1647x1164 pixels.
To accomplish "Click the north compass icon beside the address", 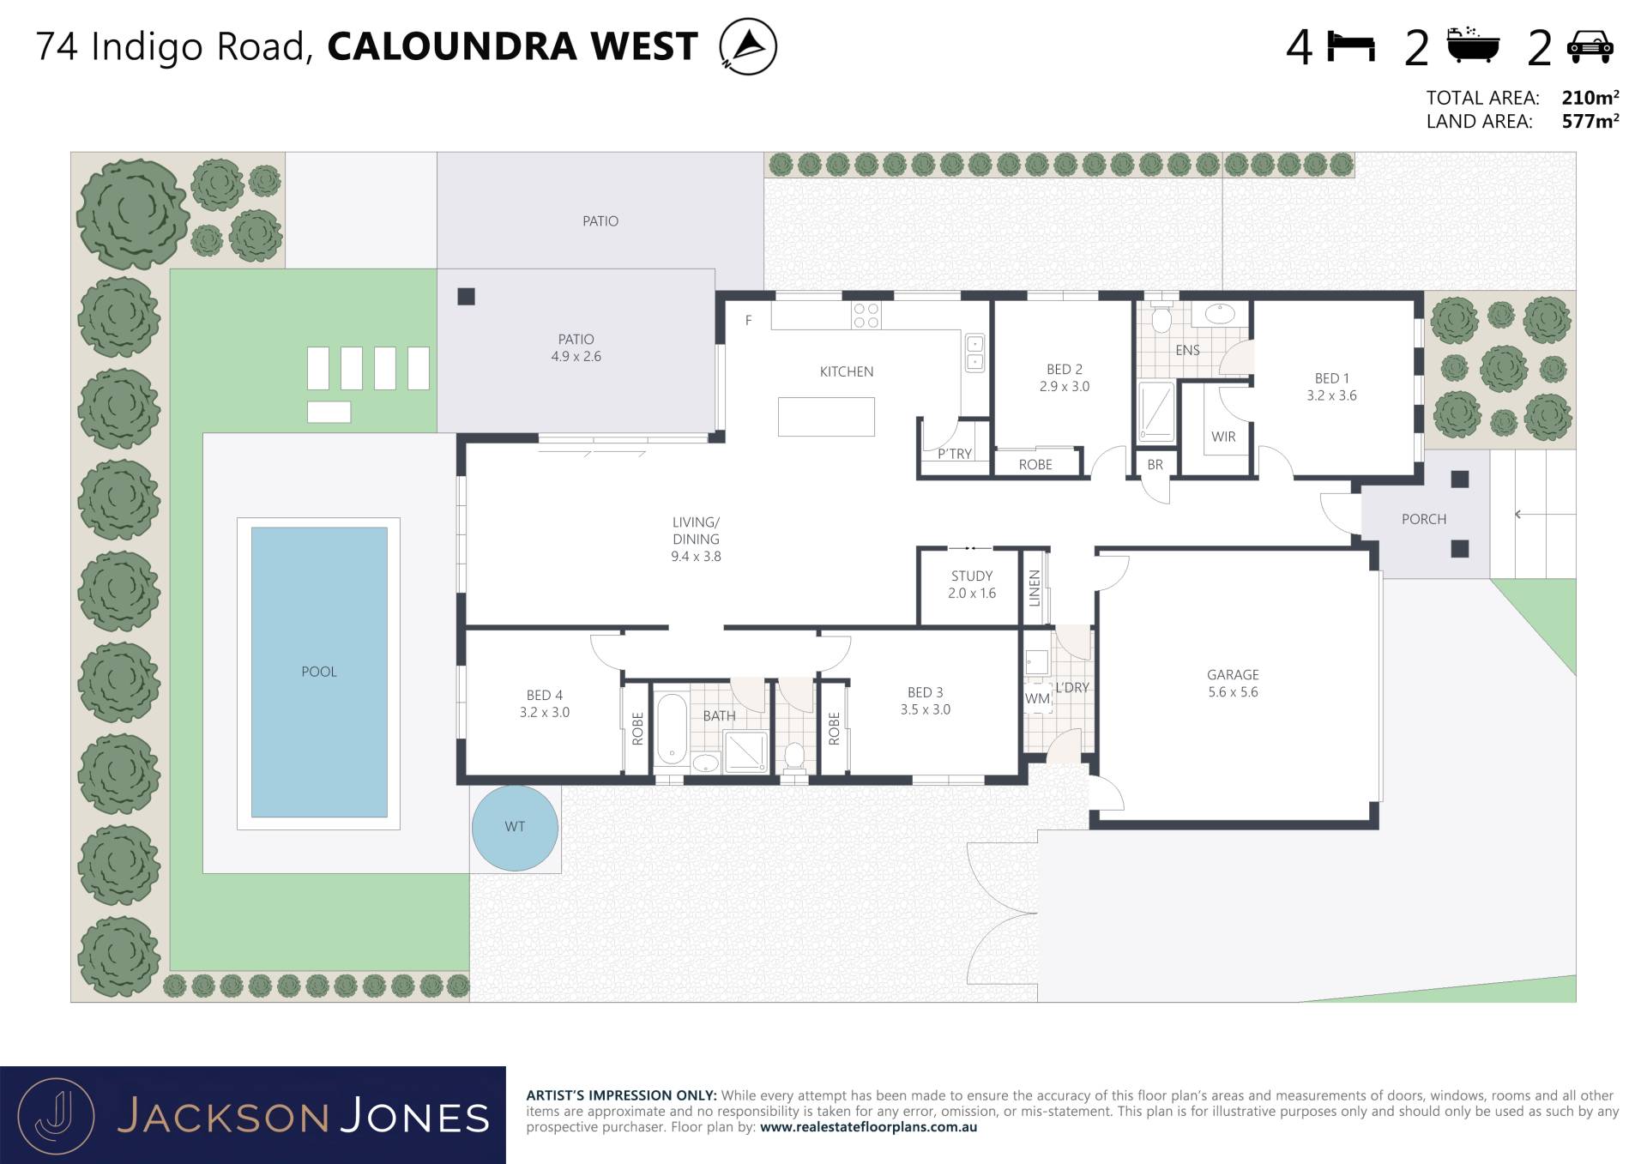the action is click(748, 45).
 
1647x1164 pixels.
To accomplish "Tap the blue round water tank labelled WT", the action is click(515, 828).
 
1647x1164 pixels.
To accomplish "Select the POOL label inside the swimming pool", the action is click(319, 672).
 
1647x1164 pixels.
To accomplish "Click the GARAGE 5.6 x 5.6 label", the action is click(1233, 684).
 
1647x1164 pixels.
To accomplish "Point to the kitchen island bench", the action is click(826, 417).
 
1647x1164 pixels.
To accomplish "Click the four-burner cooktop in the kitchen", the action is click(866, 316).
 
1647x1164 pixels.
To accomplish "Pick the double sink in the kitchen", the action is click(974, 353).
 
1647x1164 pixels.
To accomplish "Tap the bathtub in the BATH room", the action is click(672, 729).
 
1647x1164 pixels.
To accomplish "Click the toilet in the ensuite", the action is click(1161, 317).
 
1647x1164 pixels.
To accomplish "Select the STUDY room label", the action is click(972, 576).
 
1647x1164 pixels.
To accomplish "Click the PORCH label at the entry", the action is click(1424, 519).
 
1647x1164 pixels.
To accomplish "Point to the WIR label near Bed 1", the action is click(1223, 437).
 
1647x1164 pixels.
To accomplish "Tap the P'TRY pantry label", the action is click(955, 454).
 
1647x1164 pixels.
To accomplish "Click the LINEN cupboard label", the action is click(1035, 588).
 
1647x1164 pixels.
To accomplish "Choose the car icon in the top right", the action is click(1590, 46).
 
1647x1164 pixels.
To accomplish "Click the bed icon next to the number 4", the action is click(1351, 46).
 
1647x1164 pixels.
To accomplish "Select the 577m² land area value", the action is click(1590, 121).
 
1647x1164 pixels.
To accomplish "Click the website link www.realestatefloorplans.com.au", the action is click(868, 1127).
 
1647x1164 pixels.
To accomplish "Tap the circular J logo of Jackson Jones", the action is click(56, 1116).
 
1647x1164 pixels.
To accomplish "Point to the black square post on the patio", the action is click(466, 297).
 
